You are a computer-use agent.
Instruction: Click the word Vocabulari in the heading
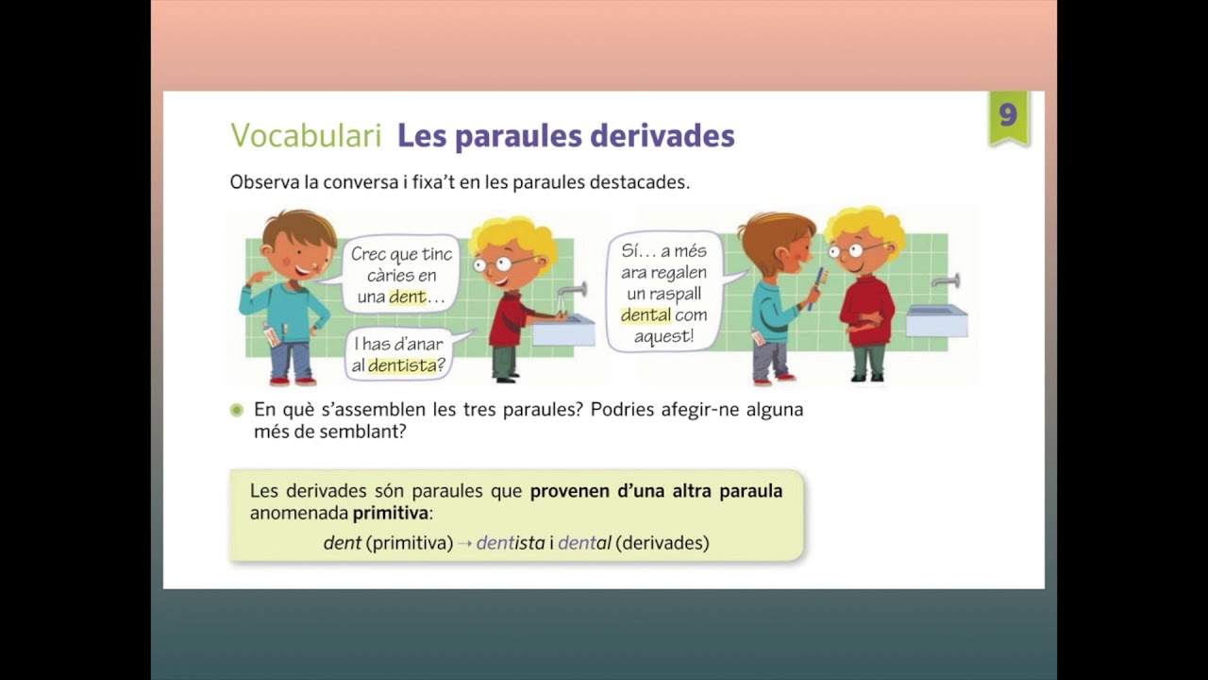[x=306, y=136]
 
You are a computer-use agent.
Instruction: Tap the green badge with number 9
[x=1008, y=117]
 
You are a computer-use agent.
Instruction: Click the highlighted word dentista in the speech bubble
[x=402, y=365]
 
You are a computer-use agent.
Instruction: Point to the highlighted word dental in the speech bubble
[x=646, y=315]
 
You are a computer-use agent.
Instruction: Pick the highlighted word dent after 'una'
[x=408, y=297]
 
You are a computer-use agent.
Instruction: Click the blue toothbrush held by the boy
[x=816, y=286]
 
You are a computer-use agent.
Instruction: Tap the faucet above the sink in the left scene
[x=572, y=290]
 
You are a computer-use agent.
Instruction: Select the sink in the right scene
[x=936, y=320]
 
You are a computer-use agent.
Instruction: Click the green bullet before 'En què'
[x=237, y=411]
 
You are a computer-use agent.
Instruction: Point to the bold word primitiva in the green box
[x=391, y=514]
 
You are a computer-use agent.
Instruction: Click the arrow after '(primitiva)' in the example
[x=464, y=544]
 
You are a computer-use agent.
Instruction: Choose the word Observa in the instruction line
[x=263, y=182]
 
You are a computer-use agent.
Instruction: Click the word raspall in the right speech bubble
[x=676, y=294]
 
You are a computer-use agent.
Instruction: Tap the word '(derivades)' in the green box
[x=663, y=543]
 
